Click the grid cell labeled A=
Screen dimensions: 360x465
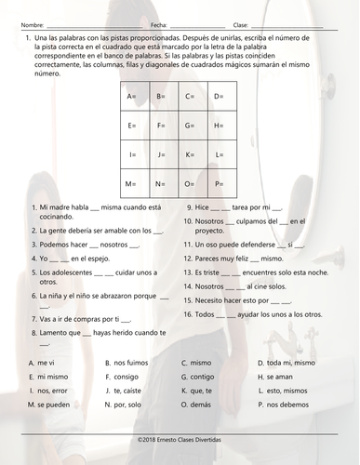point(131,97)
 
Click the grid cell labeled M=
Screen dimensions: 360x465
point(131,183)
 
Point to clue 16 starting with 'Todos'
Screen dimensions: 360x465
point(246,316)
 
